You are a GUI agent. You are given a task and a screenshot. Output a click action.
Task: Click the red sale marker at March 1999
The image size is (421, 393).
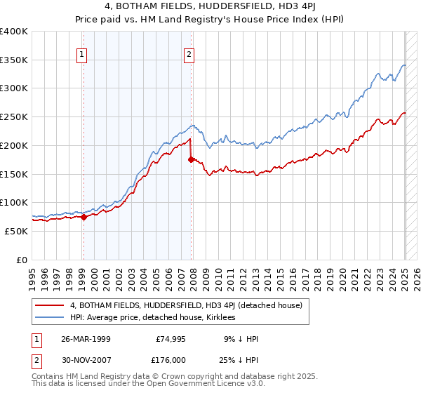83,217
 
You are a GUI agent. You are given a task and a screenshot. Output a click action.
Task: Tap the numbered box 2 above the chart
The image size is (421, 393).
189,53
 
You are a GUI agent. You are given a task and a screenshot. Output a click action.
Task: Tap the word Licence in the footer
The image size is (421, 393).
185,385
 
